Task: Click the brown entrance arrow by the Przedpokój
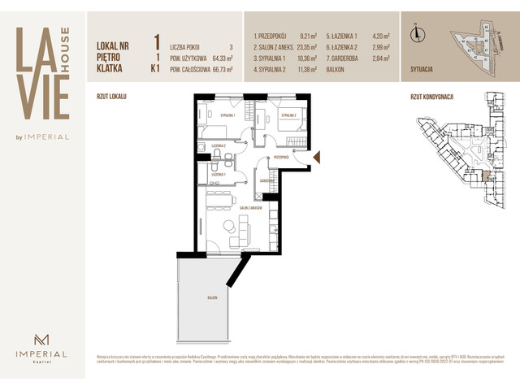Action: (317, 157)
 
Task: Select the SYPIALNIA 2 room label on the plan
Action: (291, 115)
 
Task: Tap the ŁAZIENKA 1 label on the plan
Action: (219, 175)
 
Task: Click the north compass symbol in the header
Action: (418, 34)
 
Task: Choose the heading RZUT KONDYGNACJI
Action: (431, 97)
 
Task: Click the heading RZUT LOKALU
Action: (111, 97)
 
